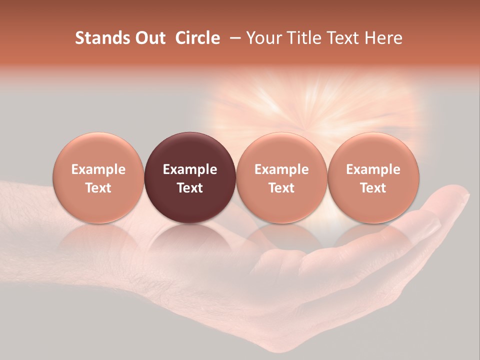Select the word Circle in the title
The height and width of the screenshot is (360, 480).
(197, 38)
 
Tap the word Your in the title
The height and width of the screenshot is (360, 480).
(262, 38)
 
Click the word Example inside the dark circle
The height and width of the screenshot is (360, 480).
(190, 169)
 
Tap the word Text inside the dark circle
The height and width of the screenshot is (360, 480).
(190, 188)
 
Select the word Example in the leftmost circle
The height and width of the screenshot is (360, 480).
(98, 169)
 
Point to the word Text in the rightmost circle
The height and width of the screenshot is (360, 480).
(373, 188)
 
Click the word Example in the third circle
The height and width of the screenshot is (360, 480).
(281, 169)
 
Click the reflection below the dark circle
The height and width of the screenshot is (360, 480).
(190, 240)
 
